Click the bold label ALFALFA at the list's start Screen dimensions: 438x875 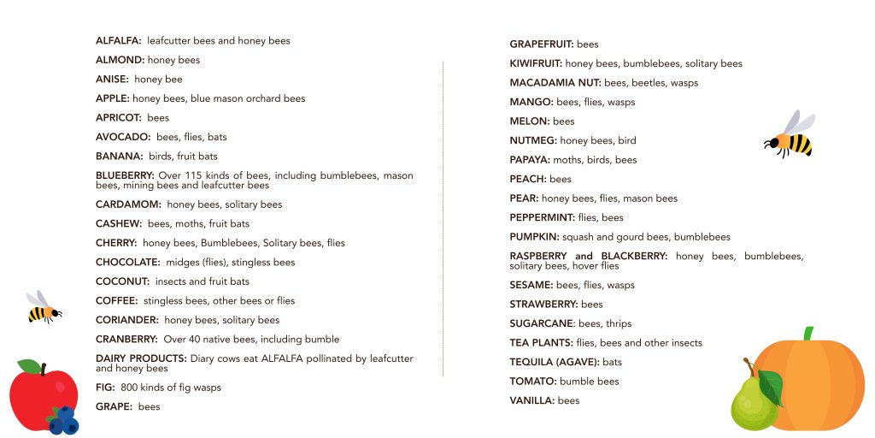coord(119,41)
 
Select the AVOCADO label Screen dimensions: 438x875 coord(123,137)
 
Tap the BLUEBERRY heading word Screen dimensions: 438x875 coord(126,175)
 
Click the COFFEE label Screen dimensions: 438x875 coord(117,301)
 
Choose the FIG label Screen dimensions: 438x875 coord(104,388)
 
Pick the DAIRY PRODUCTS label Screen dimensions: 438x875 coord(141,358)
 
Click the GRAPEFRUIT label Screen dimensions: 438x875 coord(542,44)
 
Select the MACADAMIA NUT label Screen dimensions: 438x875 coord(555,83)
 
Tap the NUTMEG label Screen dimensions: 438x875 coord(533,140)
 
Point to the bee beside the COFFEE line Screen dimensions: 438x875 coord(42,308)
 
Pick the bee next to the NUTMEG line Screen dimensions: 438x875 coord(790,137)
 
